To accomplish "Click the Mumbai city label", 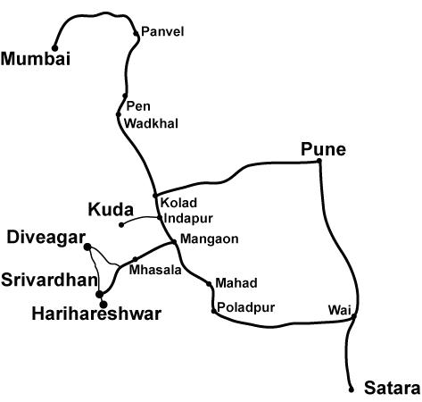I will click(x=36, y=60).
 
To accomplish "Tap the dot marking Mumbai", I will click(x=54, y=48).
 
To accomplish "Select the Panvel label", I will click(x=162, y=32).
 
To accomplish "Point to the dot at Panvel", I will click(x=136, y=34).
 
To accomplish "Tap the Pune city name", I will click(x=323, y=149).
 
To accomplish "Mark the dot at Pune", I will click(x=319, y=162).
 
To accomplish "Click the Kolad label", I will click(x=178, y=203).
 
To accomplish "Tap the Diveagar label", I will click(x=45, y=238).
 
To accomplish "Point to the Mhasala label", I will click(x=152, y=269).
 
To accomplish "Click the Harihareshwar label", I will click(x=95, y=314).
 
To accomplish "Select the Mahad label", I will click(x=236, y=283).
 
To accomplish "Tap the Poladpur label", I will click(x=246, y=308).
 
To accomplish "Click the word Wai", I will click(x=337, y=309).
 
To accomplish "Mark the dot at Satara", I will click(x=352, y=389).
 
